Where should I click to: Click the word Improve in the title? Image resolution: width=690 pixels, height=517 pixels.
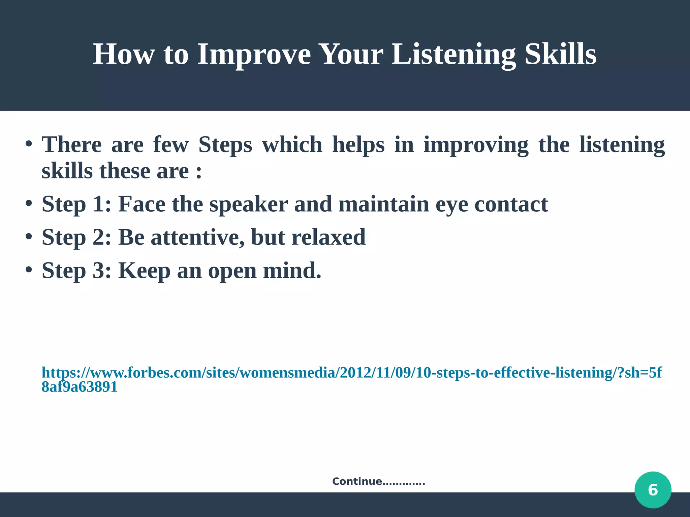pos(254,55)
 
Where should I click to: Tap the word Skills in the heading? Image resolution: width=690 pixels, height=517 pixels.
pos(560,55)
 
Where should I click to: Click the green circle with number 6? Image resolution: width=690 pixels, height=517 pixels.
pos(653,490)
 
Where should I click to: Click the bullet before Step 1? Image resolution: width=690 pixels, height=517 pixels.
pos(29,204)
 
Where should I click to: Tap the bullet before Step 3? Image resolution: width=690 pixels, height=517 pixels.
pos(29,270)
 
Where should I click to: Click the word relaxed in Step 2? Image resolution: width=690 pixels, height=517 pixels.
pos(328,237)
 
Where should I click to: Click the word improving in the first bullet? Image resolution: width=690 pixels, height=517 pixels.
pos(476,145)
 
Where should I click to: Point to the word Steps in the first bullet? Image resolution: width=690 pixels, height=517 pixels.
pos(225,145)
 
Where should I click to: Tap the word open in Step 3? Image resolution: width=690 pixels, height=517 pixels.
pos(232,271)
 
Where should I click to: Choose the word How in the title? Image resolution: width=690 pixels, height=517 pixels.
pos(123,55)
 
